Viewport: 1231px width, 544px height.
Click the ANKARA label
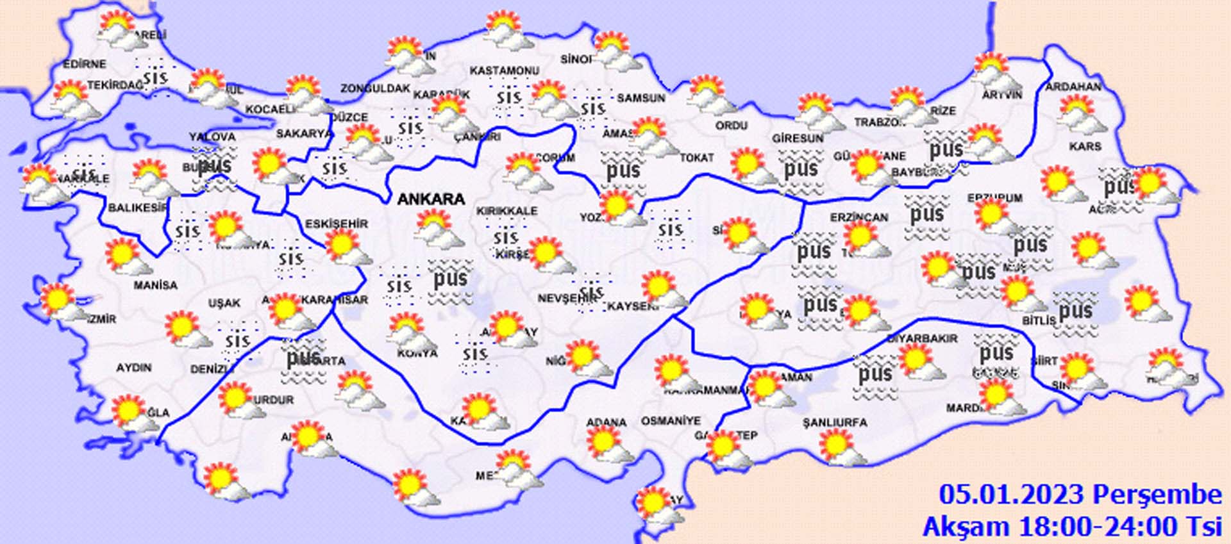click(431, 199)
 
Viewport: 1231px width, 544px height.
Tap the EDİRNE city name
click(85, 64)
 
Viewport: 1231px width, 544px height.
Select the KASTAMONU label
click(505, 70)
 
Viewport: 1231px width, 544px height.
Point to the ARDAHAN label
click(1073, 87)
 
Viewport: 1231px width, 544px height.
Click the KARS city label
click(1085, 147)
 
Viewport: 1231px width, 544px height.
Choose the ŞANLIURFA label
click(835, 422)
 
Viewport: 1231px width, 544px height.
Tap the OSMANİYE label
click(671, 421)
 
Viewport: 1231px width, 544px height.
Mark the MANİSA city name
click(155, 285)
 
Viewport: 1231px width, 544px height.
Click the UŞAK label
click(224, 302)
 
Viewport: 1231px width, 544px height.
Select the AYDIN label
click(134, 368)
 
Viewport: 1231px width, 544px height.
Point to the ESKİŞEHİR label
click(337, 224)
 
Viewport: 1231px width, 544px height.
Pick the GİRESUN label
click(798, 138)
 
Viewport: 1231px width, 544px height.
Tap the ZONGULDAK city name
click(375, 88)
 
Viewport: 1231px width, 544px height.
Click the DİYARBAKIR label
click(922, 338)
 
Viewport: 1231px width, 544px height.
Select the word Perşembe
click(1157, 495)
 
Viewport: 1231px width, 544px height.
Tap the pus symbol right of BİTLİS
click(1075, 312)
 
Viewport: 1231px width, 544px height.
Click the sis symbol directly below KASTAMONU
click(508, 98)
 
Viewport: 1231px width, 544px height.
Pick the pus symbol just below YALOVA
click(214, 167)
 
